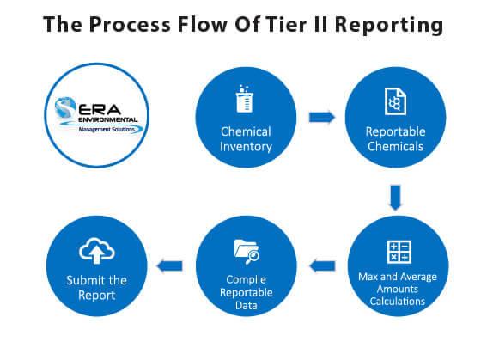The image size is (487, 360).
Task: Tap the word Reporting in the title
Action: pos(392,25)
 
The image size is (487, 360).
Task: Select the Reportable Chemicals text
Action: pos(394,139)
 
